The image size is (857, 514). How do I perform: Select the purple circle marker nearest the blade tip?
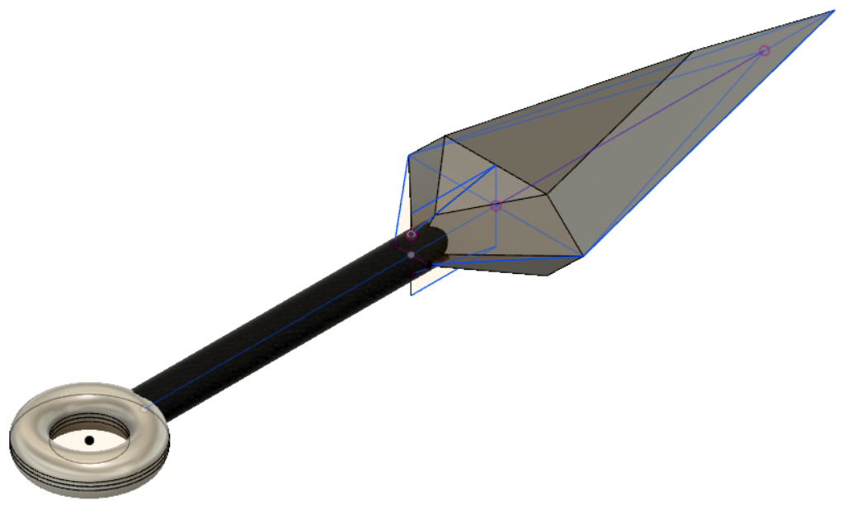point(764,51)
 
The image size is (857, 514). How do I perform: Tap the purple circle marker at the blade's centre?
point(496,206)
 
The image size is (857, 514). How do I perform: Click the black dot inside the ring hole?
point(89,441)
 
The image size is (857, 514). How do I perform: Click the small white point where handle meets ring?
point(148,406)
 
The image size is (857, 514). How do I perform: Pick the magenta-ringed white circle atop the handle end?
point(411,234)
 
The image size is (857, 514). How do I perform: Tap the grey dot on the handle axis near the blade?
point(411,255)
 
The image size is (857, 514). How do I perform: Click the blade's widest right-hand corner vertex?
point(584,256)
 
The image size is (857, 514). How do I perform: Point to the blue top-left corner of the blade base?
point(408,154)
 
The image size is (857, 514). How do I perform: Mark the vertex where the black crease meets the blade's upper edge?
point(691,52)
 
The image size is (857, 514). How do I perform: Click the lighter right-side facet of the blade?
point(660,165)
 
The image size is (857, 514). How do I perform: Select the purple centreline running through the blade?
point(627,130)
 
